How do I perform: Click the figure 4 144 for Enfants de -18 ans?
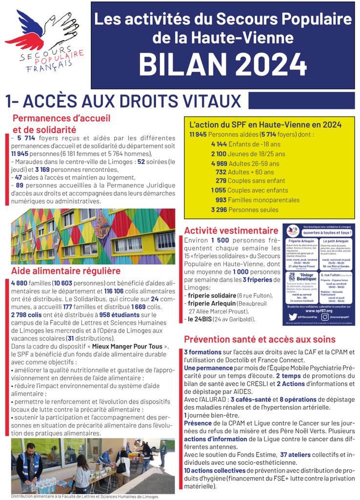[219, 144]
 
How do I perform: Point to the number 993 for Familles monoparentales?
[221, 200]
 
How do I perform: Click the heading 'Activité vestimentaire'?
[231, 230]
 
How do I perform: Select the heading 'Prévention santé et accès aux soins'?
[260, 339]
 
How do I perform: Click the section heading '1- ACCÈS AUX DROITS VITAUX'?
[123, 101]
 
